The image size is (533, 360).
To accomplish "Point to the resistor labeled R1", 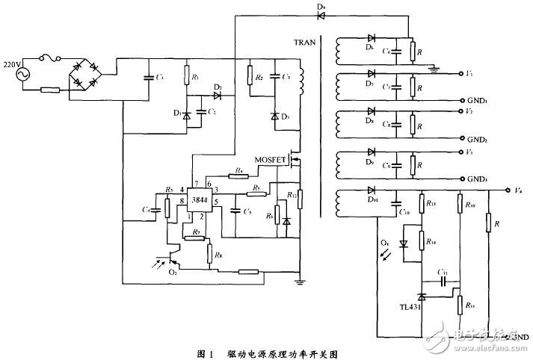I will click(188, 78).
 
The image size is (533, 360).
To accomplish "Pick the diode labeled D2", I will click(218, 96).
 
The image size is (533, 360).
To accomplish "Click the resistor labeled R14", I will click(420, 240).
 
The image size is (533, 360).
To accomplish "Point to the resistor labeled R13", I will click(420, 203).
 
